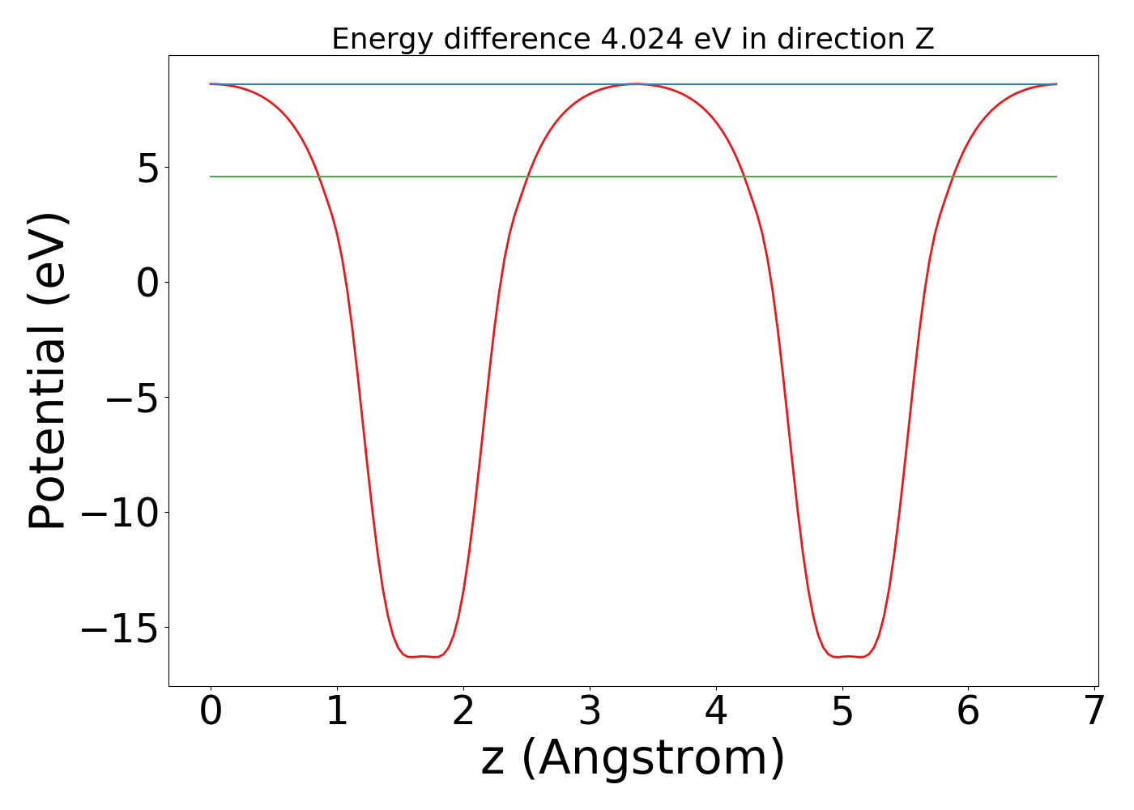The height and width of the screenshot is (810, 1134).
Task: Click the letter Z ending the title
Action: (x=924, y=39)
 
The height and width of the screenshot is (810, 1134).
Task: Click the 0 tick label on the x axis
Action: (x=211, y=712)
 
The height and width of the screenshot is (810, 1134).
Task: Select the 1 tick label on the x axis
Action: (x=337, y=712)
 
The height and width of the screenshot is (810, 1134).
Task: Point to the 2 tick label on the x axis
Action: (x=463, y=712)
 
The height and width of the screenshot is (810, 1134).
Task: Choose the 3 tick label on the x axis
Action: (x=590, y=712)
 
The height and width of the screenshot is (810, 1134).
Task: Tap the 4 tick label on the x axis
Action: (x=716, y=712)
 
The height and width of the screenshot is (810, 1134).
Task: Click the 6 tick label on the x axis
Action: (x=969, y=712)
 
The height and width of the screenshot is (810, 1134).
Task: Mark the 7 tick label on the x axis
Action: (x=1094, y=712)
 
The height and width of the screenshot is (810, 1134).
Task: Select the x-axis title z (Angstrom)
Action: (x=633, y=759)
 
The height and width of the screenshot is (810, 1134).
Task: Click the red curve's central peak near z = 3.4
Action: (x=637, y=83)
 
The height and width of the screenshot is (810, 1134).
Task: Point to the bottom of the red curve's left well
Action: (x=424, y=656)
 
